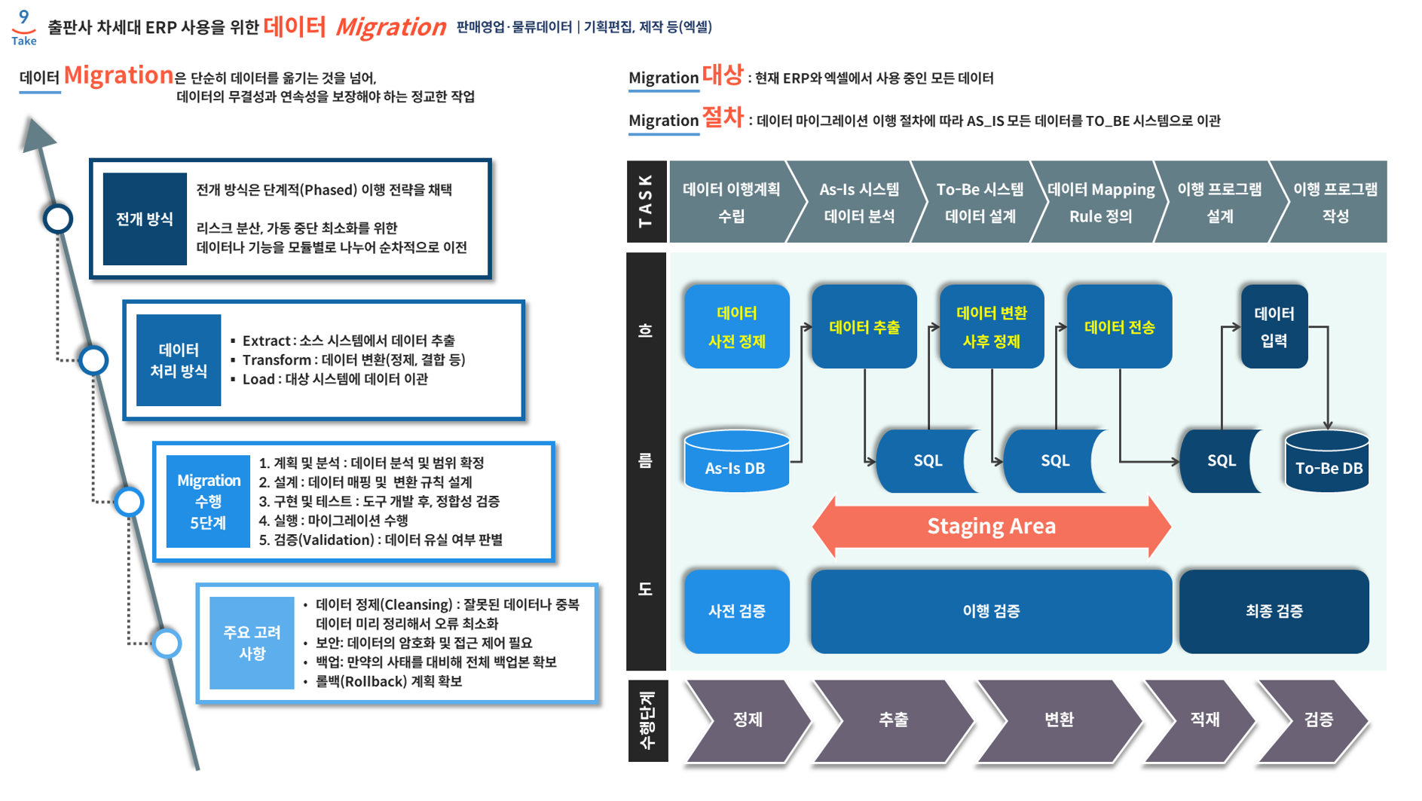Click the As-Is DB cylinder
(736, 461)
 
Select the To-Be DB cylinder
(1327, 461)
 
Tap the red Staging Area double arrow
(991, 526)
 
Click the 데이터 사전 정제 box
(736, 326)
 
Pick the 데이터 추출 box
(864, 326)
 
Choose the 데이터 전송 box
(1119, 326)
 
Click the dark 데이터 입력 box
(1274, 326)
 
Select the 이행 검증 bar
(991, 611)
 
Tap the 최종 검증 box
(1274, 611)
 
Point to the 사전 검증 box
(736, 611)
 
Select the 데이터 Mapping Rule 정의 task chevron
(1099, 202)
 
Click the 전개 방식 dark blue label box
(145, 219)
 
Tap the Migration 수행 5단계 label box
(208, 501)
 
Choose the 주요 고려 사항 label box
(252, 643)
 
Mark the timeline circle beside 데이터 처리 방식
(93, 360)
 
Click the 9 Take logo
(24, 27)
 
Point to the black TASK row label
(646, 201)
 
